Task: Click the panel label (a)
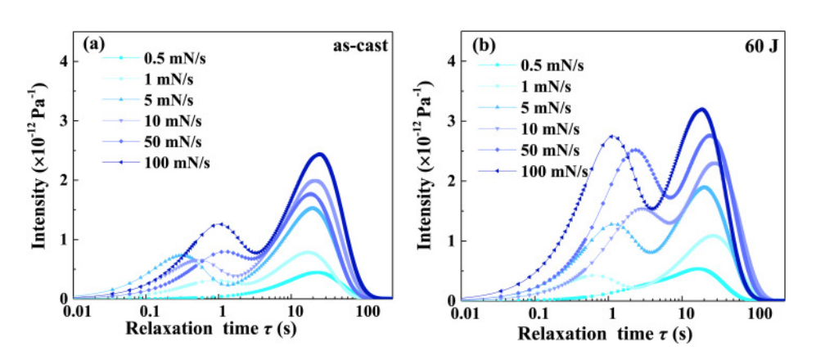(x=92, y=45)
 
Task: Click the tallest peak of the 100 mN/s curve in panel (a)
(x=320, y=154)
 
